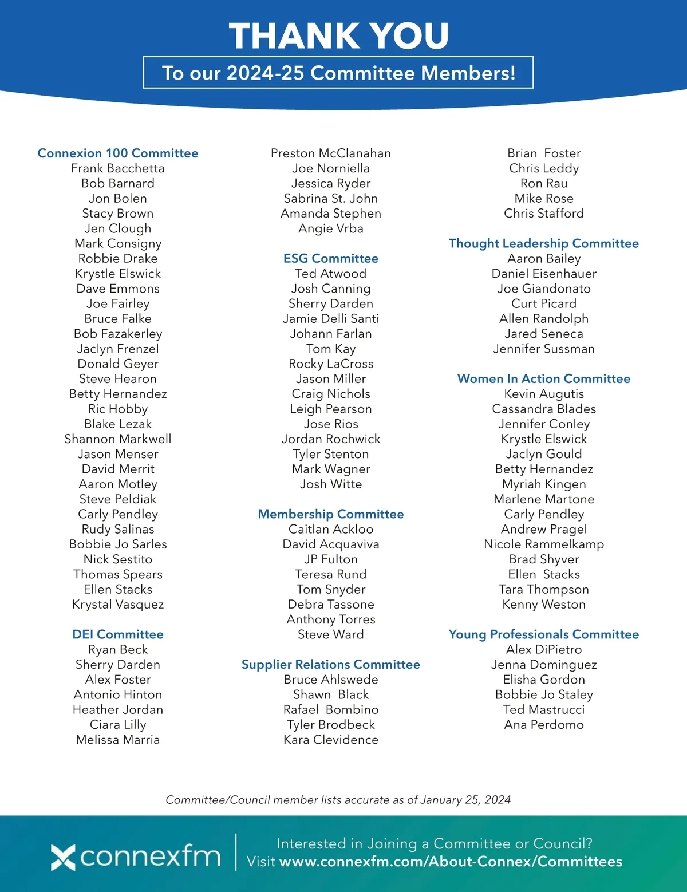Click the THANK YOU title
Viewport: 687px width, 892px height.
coord(339,35)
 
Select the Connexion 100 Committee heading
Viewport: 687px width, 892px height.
coord(118,153)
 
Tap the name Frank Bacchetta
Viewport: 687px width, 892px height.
coord(118,168)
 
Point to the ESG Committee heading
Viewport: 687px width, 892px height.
coord(331,259)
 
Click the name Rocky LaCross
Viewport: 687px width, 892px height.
coord(331,364)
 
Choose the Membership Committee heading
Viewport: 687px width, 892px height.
coord(331,514)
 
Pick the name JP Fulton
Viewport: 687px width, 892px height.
coord(331,559)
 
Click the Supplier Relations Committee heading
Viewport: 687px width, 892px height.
coord(331,665)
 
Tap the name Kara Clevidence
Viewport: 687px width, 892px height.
coord(331,740)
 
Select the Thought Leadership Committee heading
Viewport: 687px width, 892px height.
coord(544,243)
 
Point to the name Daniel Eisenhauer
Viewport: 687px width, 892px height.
coord(544,274)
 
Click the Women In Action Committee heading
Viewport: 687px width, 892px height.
coord(544,379)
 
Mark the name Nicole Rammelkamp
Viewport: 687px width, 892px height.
coord(544,544)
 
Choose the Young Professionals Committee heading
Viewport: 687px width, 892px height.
coord(544,634)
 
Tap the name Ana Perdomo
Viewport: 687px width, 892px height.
coord(544,725)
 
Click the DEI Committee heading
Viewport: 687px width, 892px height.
coord(118,634)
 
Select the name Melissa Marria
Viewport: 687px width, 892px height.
coord(118,740)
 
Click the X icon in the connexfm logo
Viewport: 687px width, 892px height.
coord(63,857)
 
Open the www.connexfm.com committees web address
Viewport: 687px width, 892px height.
coord(451,862)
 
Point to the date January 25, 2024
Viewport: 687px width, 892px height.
coord(465,800)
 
